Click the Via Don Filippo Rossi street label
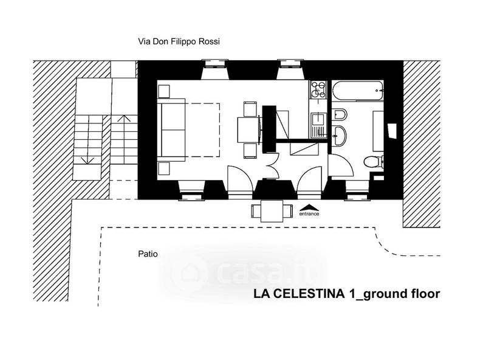179,41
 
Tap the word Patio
148,254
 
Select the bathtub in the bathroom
357,91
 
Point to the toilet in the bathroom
374,162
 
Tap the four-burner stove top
318,89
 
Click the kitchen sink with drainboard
318,125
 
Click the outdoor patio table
272,211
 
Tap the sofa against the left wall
171,130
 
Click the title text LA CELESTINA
299,294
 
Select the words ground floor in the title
402,294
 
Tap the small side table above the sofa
163,91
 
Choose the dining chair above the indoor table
250,109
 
